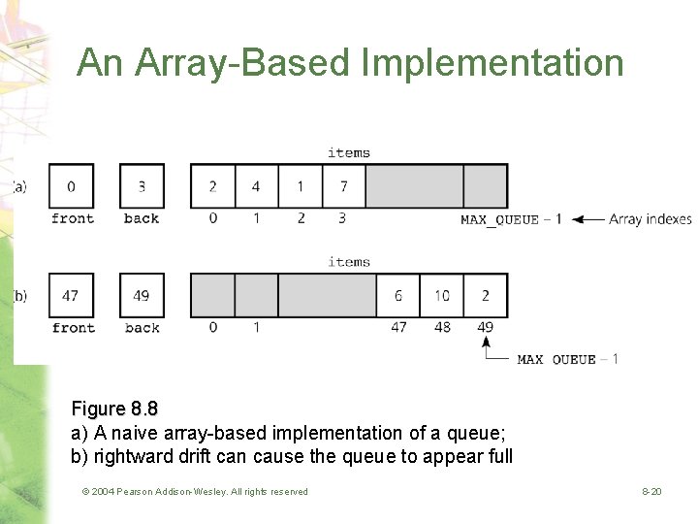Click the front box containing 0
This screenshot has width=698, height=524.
[71, 186]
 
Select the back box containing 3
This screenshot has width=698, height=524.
[142, 186]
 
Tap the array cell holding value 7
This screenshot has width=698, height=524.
[344, 186]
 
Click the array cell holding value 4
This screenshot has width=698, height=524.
[256, 186]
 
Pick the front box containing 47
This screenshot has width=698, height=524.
[71, 295]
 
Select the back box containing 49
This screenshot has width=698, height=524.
[142, 295]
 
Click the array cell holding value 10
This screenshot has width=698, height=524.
[442, 295]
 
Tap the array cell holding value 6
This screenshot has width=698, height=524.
[398, 295]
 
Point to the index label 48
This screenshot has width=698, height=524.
[442, 327]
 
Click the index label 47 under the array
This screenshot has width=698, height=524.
[398, 327]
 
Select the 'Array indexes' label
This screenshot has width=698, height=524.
[650, 219]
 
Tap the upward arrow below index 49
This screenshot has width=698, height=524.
[486, 345]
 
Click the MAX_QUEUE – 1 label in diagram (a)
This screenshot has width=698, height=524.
[510, 219]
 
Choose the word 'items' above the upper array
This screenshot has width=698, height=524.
[348, 152]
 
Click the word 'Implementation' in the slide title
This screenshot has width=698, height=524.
[492, 63]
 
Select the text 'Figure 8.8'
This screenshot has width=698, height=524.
[114, 409]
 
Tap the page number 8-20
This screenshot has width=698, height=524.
[651, 492]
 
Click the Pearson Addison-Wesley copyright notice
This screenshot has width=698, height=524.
[195, 492]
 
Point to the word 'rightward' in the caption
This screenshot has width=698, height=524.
[130, 456]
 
